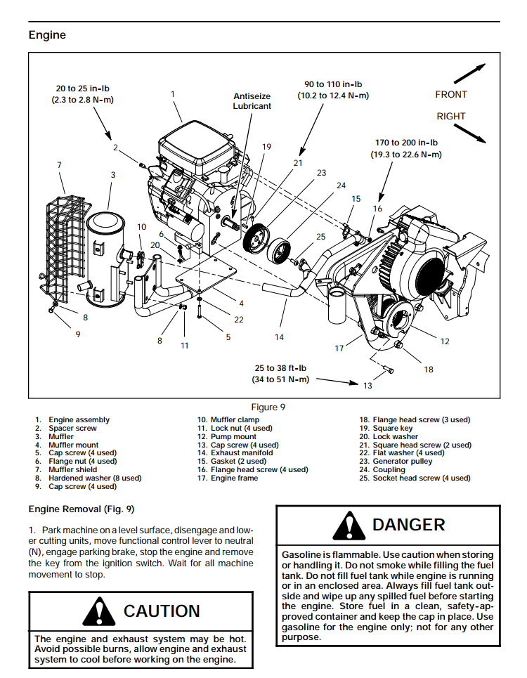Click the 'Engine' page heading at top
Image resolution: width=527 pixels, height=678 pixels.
(47, 34)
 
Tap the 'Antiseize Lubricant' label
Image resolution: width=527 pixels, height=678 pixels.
(252, 101)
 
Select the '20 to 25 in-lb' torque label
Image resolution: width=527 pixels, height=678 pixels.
(82, 94)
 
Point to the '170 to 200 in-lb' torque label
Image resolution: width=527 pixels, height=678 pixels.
(406, 148)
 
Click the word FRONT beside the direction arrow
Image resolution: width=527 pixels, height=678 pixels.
(450, 94)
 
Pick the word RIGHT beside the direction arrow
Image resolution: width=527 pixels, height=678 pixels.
(450, 116)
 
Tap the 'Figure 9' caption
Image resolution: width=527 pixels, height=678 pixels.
(268, 407)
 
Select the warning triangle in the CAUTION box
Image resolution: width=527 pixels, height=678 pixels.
(99, 611)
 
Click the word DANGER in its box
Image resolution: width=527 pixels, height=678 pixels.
(408, 525)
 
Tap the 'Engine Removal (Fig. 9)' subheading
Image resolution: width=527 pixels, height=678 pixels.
(81, 509)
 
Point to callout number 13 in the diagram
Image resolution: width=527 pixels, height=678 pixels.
(367, 385)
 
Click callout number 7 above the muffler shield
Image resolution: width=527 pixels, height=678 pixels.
(59, 165)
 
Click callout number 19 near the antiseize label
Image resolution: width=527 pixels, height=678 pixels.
(266, 147)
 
